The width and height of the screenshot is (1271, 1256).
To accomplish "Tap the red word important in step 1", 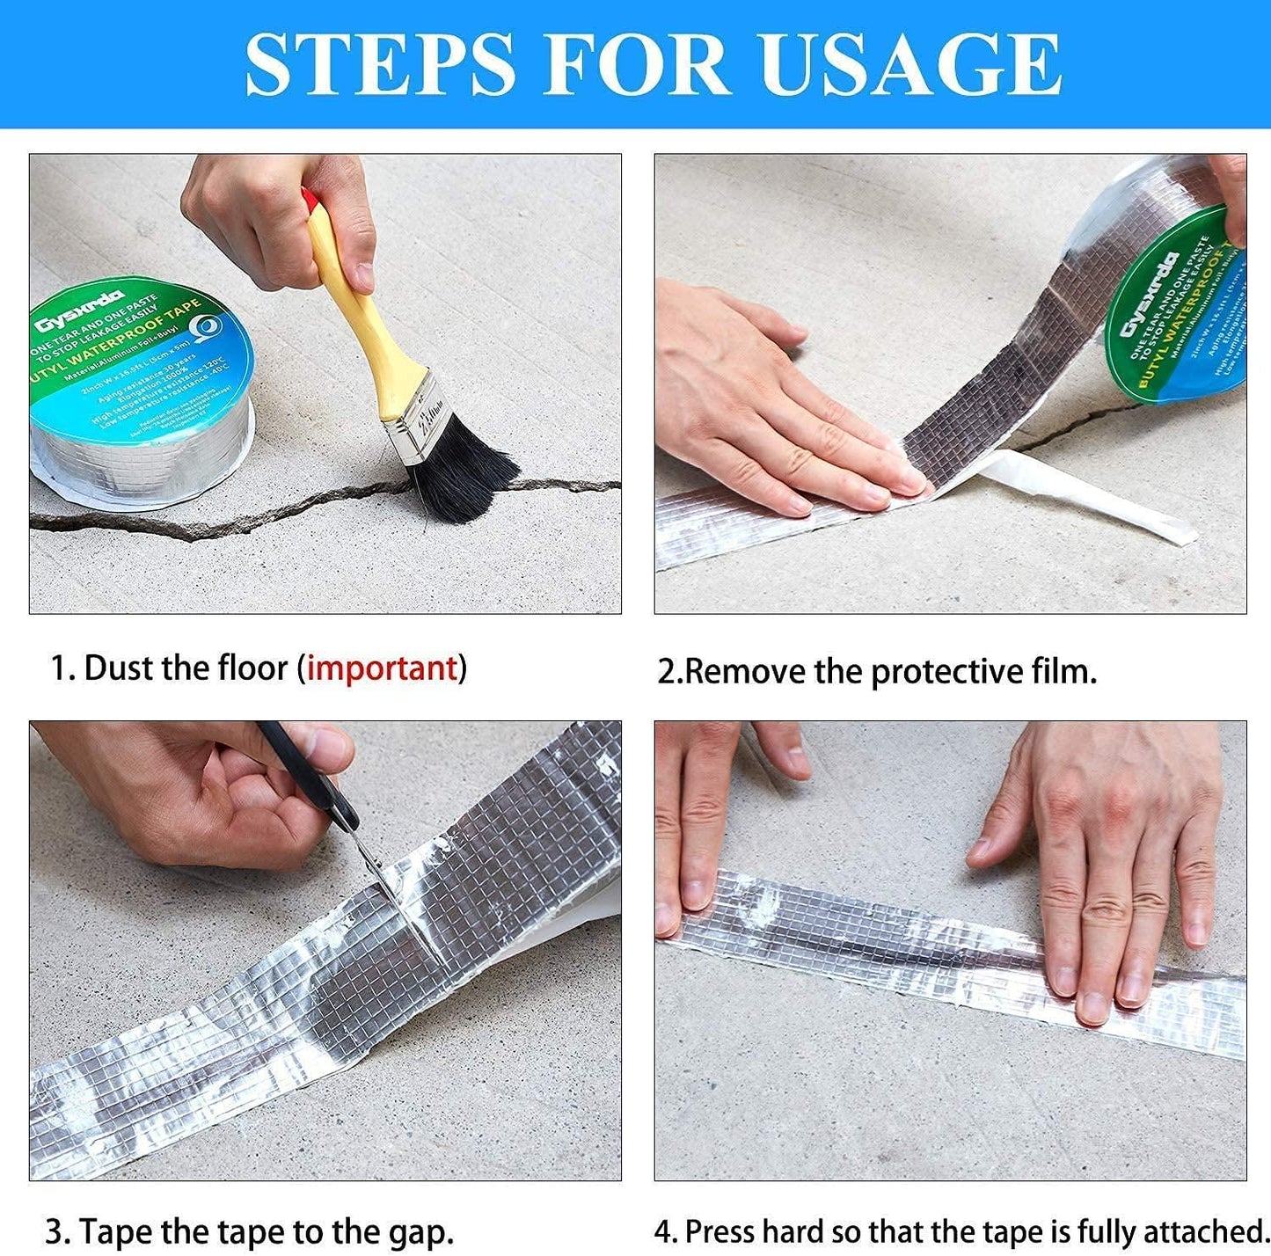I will pyautogui.click(x=382, y=668).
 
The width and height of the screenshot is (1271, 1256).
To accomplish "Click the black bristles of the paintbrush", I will pyautogui.click(x=457, y=471).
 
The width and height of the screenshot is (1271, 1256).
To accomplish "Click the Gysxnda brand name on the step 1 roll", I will pyautogui.click(x=79, y=312).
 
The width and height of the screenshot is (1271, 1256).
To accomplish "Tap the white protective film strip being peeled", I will pyautogui.click(x=1091, y=497).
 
